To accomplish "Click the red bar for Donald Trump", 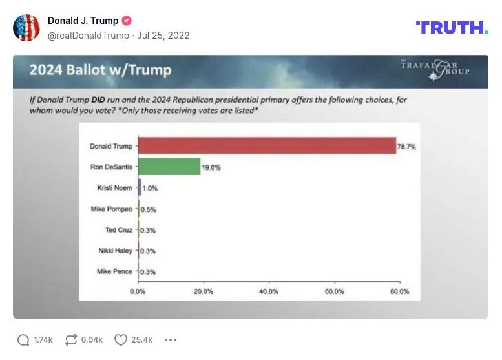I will [x=267, y=146].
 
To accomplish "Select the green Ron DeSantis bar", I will [x=169, y=167].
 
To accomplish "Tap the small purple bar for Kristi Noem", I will [x=140, y=188].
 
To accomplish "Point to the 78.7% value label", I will [x=407, y=147].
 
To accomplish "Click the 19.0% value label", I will [x=212, y=167].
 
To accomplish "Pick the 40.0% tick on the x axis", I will [x=269, y=291].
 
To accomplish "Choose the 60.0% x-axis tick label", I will [x=334, y=291].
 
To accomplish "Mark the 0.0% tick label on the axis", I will [x=138, y=291].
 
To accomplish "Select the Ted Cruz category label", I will [x=118, y=230].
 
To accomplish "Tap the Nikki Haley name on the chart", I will [x=116, y=251].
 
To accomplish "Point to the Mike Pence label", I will [x=114, y=271].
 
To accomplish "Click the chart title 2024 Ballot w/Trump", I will [x=100, y=70].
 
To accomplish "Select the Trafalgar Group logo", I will [x=435, y=70].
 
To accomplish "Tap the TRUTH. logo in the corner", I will [x=452, y=28].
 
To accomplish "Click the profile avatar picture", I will [x=26, y=28].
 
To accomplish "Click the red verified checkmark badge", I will [x=127, y=21].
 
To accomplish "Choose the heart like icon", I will [x=120, y=340].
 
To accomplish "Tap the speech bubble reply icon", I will [x=23, y=340].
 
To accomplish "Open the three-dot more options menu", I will [x=171, y=340].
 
